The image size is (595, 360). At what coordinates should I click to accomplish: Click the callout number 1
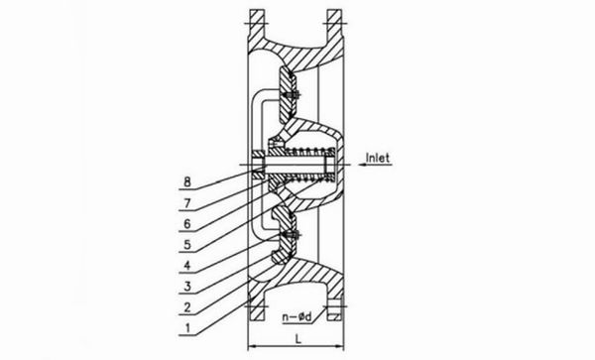pos(187,328)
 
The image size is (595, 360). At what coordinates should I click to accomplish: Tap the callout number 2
pos(187,307)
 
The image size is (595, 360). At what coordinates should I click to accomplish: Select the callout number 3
pos(187,287)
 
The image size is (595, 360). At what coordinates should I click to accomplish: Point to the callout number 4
pos(187,265)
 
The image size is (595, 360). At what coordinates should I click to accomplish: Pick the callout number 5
pos(187,245)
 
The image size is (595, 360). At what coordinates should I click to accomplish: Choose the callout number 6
pos(187,224)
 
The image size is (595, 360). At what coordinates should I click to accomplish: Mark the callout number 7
pos(187,203)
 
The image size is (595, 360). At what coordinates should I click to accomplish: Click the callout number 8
pos(187,182)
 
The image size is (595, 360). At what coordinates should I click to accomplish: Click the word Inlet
pos(378,158)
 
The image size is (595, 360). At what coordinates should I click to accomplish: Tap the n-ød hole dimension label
pos(297,316)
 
